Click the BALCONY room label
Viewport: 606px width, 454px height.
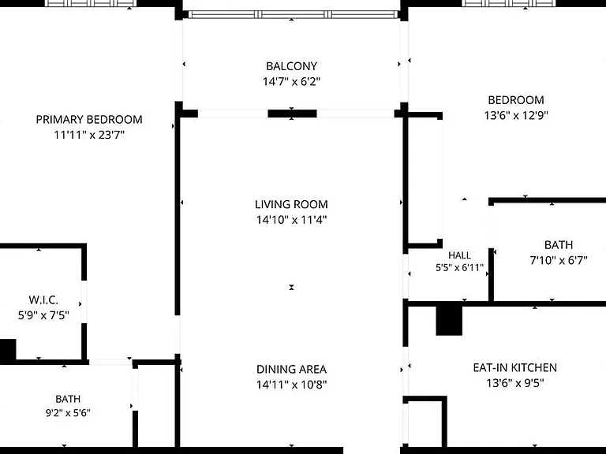point(291,66)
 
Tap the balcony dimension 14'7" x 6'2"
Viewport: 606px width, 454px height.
point(291,82)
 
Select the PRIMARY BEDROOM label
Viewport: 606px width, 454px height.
point(89,120)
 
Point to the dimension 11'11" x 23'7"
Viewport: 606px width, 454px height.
point(89,135)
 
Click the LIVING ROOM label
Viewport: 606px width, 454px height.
point(291,204)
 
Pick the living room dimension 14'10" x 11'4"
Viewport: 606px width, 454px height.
point(291,220)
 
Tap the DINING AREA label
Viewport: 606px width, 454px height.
point(291,370)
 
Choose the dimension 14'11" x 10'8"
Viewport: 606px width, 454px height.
point(291,385)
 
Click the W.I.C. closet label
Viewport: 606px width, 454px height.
point(43,300)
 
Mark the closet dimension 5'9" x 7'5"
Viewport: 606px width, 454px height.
point(43,315)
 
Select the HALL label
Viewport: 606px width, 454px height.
point(459,255)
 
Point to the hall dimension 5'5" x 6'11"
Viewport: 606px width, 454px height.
point(459,267)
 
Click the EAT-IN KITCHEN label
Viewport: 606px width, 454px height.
point(514,367)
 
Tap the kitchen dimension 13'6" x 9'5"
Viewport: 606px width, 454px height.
point(514,383)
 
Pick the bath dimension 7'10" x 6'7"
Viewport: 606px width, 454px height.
point(559,261)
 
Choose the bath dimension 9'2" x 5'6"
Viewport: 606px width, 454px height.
point(68,413)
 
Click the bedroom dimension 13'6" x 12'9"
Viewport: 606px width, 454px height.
point(516,115)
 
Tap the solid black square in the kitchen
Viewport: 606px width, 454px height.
point(449,321)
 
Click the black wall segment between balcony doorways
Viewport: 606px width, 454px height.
point(292,113)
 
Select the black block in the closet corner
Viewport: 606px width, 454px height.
point(8,350)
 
